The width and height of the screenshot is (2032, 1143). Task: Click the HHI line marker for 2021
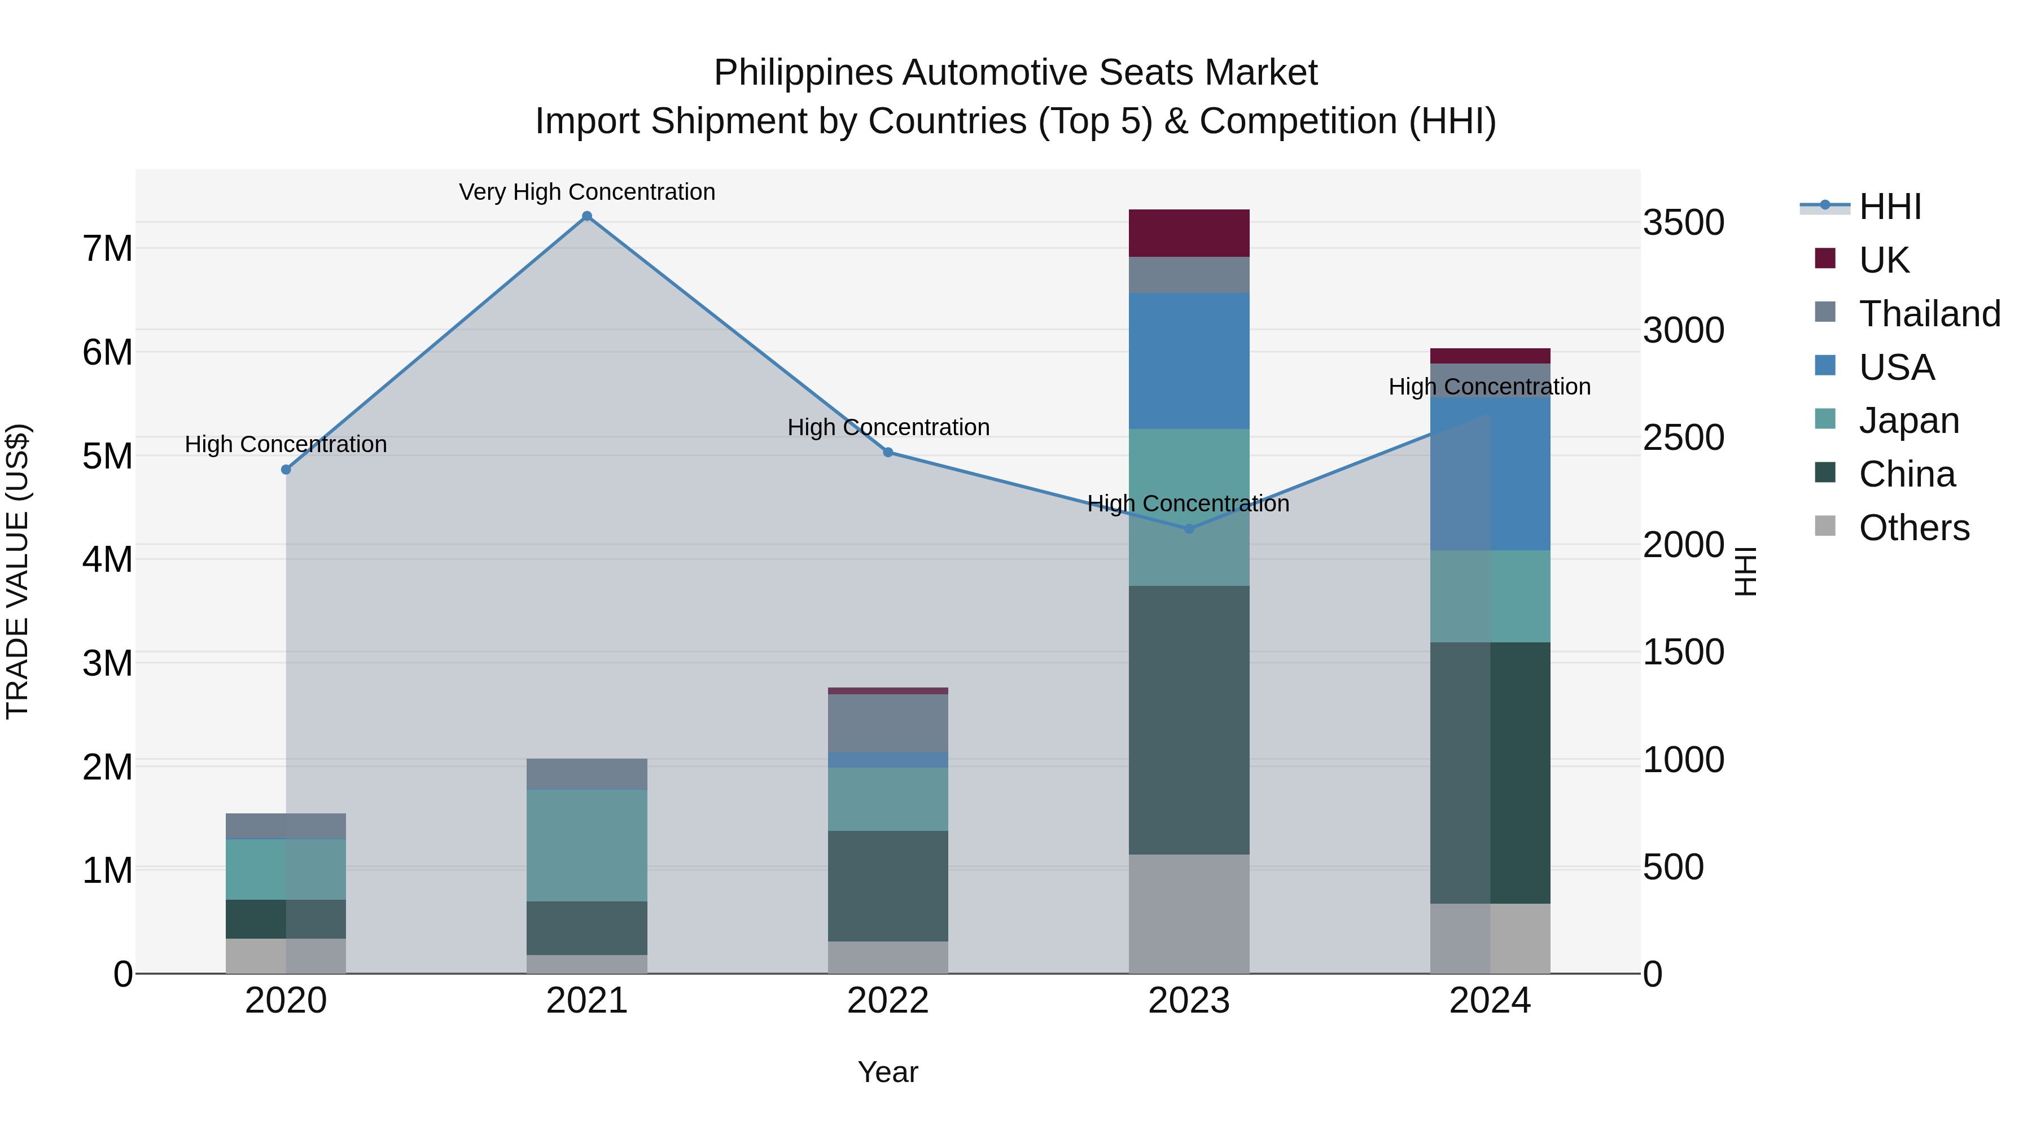[x=587, y=216]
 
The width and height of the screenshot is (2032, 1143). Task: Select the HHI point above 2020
[x=286, y=470]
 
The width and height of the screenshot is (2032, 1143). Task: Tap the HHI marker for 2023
[x=1189, y=528]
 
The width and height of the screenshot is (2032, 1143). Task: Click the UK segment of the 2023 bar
[x=1189, y=234]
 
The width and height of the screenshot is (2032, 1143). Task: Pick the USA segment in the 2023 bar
[x=1189, y=361]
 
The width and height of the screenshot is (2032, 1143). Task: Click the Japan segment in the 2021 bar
[x=587, y=845]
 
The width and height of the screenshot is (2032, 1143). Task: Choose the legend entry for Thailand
[x=1929, y=314]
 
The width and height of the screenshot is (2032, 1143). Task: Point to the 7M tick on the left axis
[x=107, y=248]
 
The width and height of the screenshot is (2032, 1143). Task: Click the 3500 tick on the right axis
[x=1683, y=222]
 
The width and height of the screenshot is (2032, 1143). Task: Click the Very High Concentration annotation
[x=587, y=192]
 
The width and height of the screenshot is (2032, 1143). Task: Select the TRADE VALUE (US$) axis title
[x=17, y=571]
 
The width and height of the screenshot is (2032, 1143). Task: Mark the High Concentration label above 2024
[x=1490, y=387]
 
